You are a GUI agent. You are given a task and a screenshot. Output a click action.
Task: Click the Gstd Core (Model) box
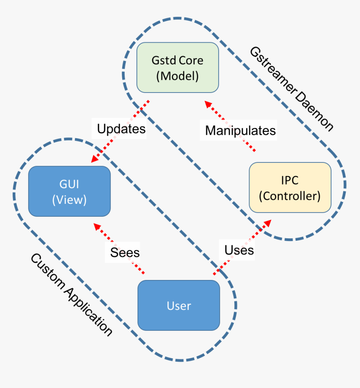point(177,67)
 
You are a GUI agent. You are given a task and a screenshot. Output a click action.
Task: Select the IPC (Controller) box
point(290,188)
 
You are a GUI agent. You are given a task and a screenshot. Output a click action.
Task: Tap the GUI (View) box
point(69,191)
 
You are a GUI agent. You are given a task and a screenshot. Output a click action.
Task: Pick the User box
point(179,306)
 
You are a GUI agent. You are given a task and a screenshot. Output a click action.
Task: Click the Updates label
point(121,128)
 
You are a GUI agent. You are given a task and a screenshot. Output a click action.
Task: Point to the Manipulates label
point(240,130)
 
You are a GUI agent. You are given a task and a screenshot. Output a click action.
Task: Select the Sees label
point(125,252)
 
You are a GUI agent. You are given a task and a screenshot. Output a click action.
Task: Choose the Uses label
point(239,250)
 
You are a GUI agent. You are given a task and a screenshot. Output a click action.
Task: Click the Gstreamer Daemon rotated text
point(291,89)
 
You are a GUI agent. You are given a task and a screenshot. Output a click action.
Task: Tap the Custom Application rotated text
point(72,295)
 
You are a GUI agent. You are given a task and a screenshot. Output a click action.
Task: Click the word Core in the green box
point(191,60)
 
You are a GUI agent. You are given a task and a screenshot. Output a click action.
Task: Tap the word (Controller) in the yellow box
point(290,195)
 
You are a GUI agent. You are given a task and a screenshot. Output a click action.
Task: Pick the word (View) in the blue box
point(69,200)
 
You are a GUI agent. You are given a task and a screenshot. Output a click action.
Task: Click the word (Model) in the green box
point(177,76)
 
